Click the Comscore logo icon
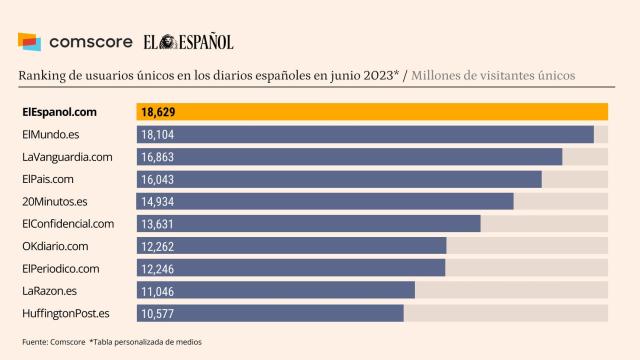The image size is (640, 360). [x=30, y=42]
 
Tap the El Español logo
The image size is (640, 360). [x=188, y=42]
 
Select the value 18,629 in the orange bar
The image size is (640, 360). [x=158, y=112]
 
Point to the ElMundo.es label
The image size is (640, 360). [x=50, y=134]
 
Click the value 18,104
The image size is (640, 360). [x=158, y=134]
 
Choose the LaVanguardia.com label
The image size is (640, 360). [x=66, y=157]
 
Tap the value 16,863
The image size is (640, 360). [x=158, y=157]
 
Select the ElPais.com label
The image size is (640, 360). [x=48, y=179]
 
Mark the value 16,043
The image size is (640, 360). [x=158, y=179]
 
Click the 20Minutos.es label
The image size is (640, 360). [x=55, y=201]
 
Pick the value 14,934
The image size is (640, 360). [x=158, y=201]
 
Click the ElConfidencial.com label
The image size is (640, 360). [x=68, y=223]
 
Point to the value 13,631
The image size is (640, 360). [x=158, y=223]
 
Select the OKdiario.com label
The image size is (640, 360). [x=54, y=246]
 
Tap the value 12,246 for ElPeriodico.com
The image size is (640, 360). [x=158, y=268]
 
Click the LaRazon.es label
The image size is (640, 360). [x=49, y=291]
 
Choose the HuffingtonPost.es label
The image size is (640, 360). [x=66, y=313]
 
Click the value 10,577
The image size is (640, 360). [x=158, y=313]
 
